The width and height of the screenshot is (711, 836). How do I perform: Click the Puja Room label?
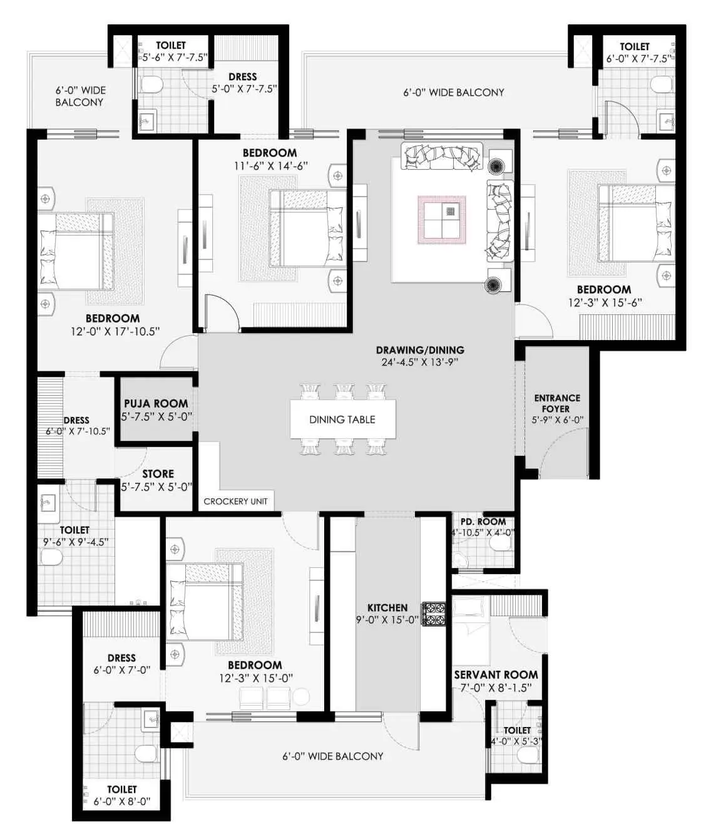pyautogui.click(x=156, y=403)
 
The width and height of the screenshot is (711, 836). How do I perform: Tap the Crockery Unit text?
pyautogui.click(x=235, y=502)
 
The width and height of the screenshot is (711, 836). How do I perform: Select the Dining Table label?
pyautogui.click(x=342, y=420)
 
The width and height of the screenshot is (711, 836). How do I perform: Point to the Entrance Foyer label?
pyautogui.click(x=557, y=403)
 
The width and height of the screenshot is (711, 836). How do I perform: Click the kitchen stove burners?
pyautogui.click(x=434, y=614)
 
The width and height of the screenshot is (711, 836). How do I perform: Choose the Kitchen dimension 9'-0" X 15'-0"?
pyautogui.click(x=387, y=619)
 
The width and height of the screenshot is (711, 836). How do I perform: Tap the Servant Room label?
pyautogui.click(x=496, y=674)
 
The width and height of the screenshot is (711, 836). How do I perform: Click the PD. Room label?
pyautogui.click(x=483, y=522)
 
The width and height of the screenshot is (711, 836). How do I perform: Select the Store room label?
pyautogui.click(x=158, y=473)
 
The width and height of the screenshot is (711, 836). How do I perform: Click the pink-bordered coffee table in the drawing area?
pyautogui.click(x=442, y=220)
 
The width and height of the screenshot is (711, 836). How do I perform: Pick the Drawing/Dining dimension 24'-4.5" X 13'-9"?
pyautogui.click(x=420, y=362)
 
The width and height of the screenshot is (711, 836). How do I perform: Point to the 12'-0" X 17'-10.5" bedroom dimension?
pyautogui.click(x=115, y=331)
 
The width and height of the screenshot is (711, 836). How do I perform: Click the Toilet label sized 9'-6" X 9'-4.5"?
pyautogui.click(x=74, y=530)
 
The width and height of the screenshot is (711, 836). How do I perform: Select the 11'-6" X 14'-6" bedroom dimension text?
pyautogui.click(x=271, y=166)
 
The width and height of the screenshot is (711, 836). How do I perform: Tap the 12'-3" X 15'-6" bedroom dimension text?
pyautogui.click(x=605, y=302)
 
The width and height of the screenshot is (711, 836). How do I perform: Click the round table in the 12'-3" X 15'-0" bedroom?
pyautogui.click(x=301, y=697)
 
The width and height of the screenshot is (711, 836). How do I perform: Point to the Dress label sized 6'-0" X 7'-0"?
pyautogui.click(x=121, y=658)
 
